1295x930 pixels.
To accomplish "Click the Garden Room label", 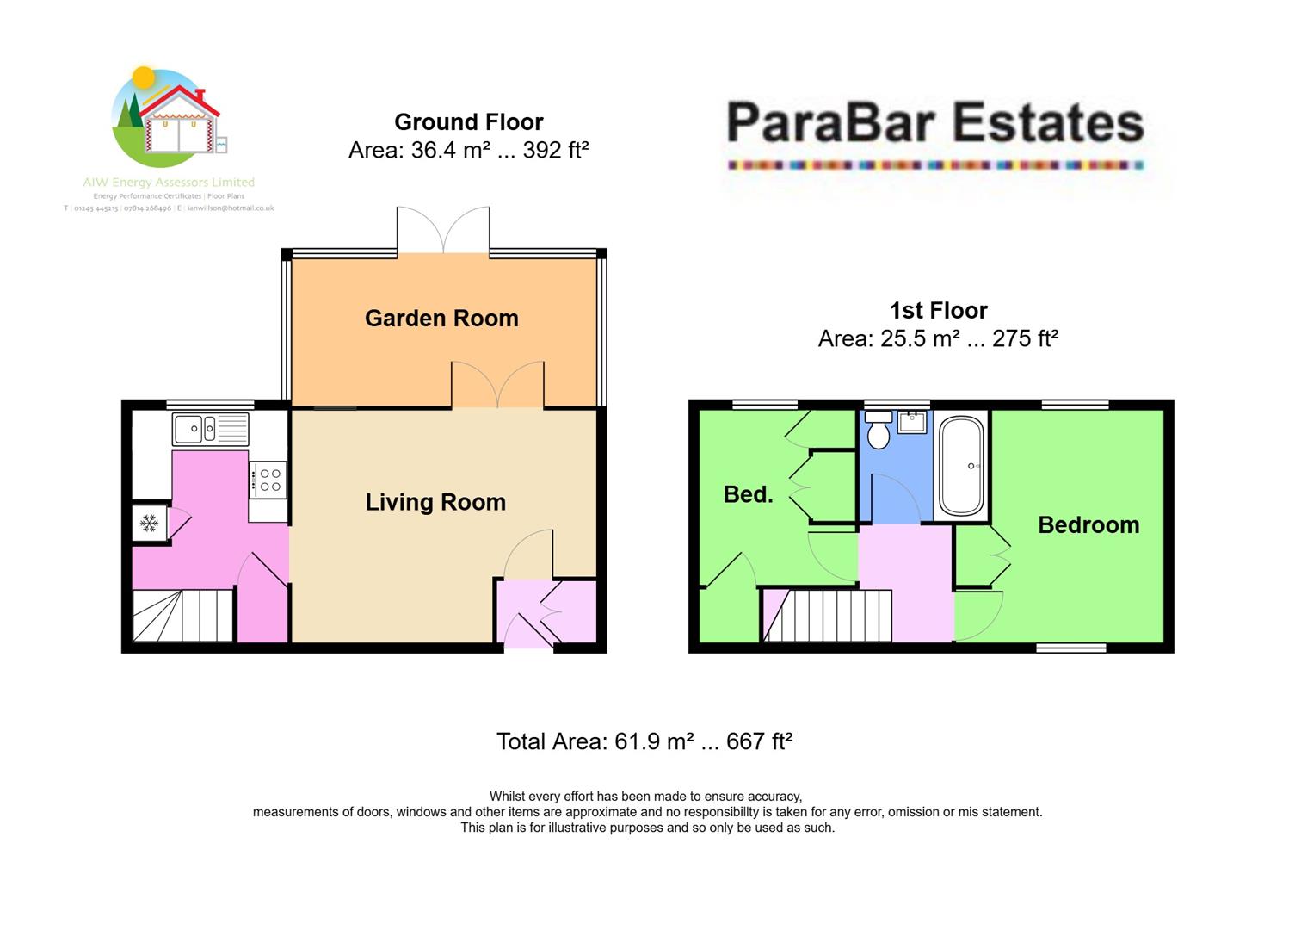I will [441, 319].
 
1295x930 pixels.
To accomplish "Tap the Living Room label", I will [435, 503].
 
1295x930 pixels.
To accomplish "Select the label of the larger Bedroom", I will [1088, 525].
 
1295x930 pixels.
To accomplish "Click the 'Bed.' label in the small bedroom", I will [748, 494].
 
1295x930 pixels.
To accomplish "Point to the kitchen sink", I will [210, 429].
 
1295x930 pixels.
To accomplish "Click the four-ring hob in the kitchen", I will [268, 480].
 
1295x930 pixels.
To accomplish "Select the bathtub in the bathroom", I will [961, 466].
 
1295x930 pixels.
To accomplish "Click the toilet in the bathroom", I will [879, 430].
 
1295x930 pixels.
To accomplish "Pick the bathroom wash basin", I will [912, 422].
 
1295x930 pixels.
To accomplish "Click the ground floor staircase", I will [182, 615].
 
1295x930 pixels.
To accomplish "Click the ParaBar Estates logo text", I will [935, 123].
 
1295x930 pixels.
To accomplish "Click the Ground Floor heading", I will [468, 122].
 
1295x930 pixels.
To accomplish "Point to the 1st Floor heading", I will [938, 310].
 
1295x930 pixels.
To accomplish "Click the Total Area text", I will [644, 741].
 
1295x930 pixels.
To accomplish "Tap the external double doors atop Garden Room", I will [443, 231].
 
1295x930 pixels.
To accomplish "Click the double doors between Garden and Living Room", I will [498, 385].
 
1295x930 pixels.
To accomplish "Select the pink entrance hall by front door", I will [546, 613].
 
